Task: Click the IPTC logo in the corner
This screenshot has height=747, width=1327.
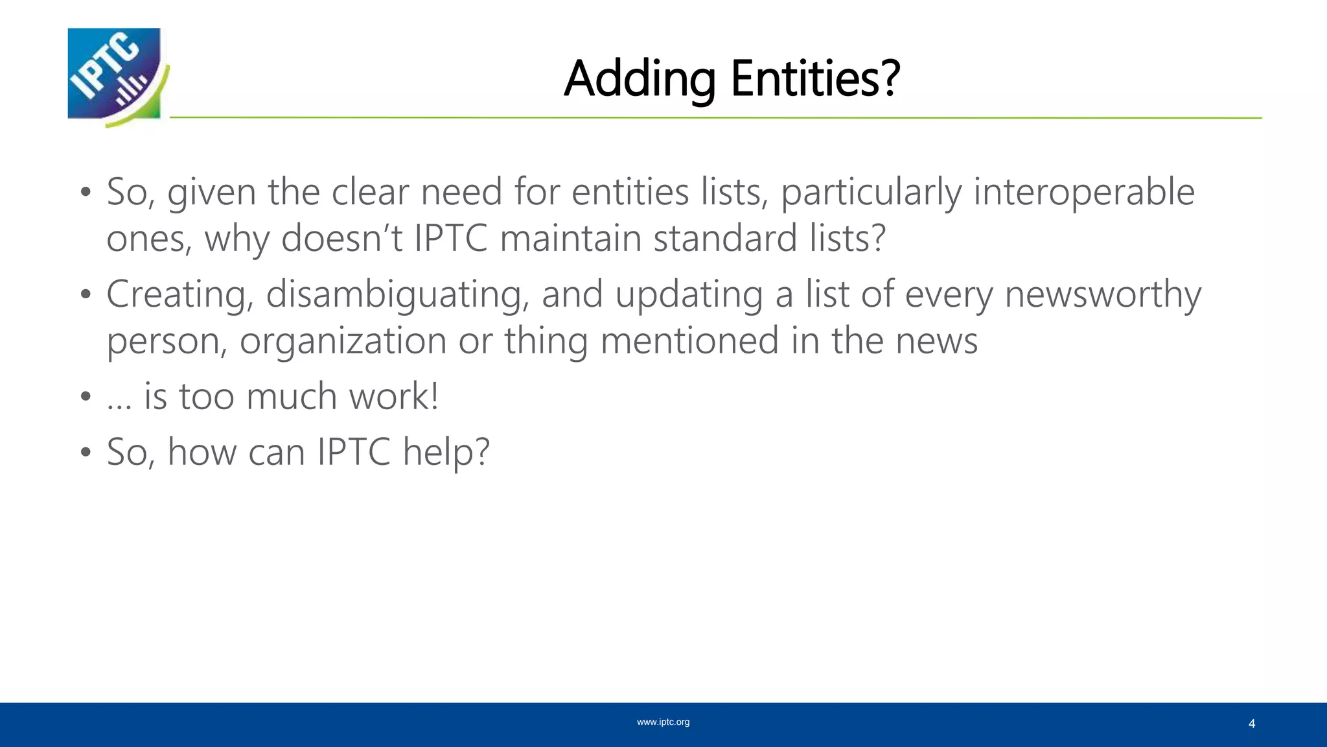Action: click(117, 77)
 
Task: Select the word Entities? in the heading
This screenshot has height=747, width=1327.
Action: click(816, 78)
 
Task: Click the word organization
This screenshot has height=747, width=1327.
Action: click(343, 341)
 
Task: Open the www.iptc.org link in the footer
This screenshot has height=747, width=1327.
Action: click(663, 722)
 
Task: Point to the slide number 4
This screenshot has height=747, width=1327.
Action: click(1251, 724)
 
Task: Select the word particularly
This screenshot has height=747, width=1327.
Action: click(871, 193)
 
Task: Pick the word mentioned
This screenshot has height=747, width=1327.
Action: click(689, 341)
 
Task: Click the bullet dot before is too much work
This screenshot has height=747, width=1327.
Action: click(86, 397)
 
